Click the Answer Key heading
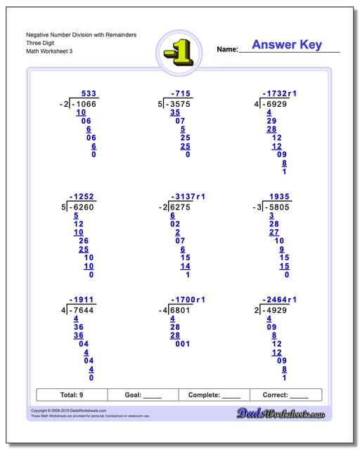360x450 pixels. tap(287, 45)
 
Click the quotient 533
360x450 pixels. tap(89, 94)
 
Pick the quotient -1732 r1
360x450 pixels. tap(280, 94)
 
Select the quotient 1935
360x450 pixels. tap(277, 198)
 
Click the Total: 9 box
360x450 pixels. tap(72, 395)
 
